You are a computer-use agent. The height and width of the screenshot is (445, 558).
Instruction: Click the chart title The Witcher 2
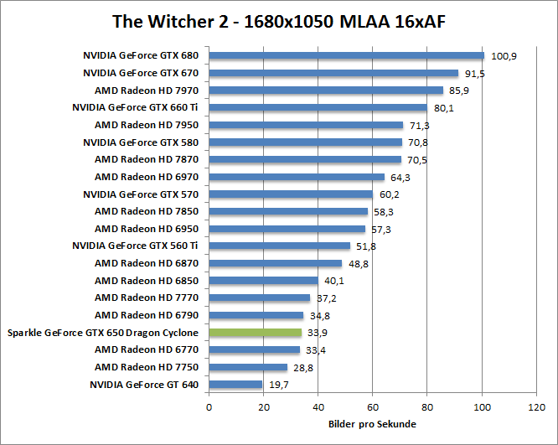[278, 21]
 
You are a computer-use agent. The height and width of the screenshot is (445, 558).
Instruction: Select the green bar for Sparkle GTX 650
[255, 333]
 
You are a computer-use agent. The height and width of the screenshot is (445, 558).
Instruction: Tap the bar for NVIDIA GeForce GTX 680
[346, 56]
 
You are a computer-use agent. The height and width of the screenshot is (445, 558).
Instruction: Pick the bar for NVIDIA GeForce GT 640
[235, 385]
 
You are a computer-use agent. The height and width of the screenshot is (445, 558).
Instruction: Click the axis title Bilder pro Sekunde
[372, 424]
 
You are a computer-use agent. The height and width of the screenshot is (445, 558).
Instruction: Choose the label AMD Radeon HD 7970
[147, 91]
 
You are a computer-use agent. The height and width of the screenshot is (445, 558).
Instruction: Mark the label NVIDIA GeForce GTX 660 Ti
[135, 108]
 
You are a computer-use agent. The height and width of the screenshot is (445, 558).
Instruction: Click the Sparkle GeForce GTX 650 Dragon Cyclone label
[103, 333]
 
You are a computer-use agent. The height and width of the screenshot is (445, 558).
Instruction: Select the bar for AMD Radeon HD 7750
[248, 367]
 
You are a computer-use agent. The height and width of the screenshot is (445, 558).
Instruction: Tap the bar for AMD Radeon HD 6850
[263, 281]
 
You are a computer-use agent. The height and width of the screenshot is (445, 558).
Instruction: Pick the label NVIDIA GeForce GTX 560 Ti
[135, 246]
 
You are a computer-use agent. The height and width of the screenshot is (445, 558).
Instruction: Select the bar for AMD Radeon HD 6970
[297, 177]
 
